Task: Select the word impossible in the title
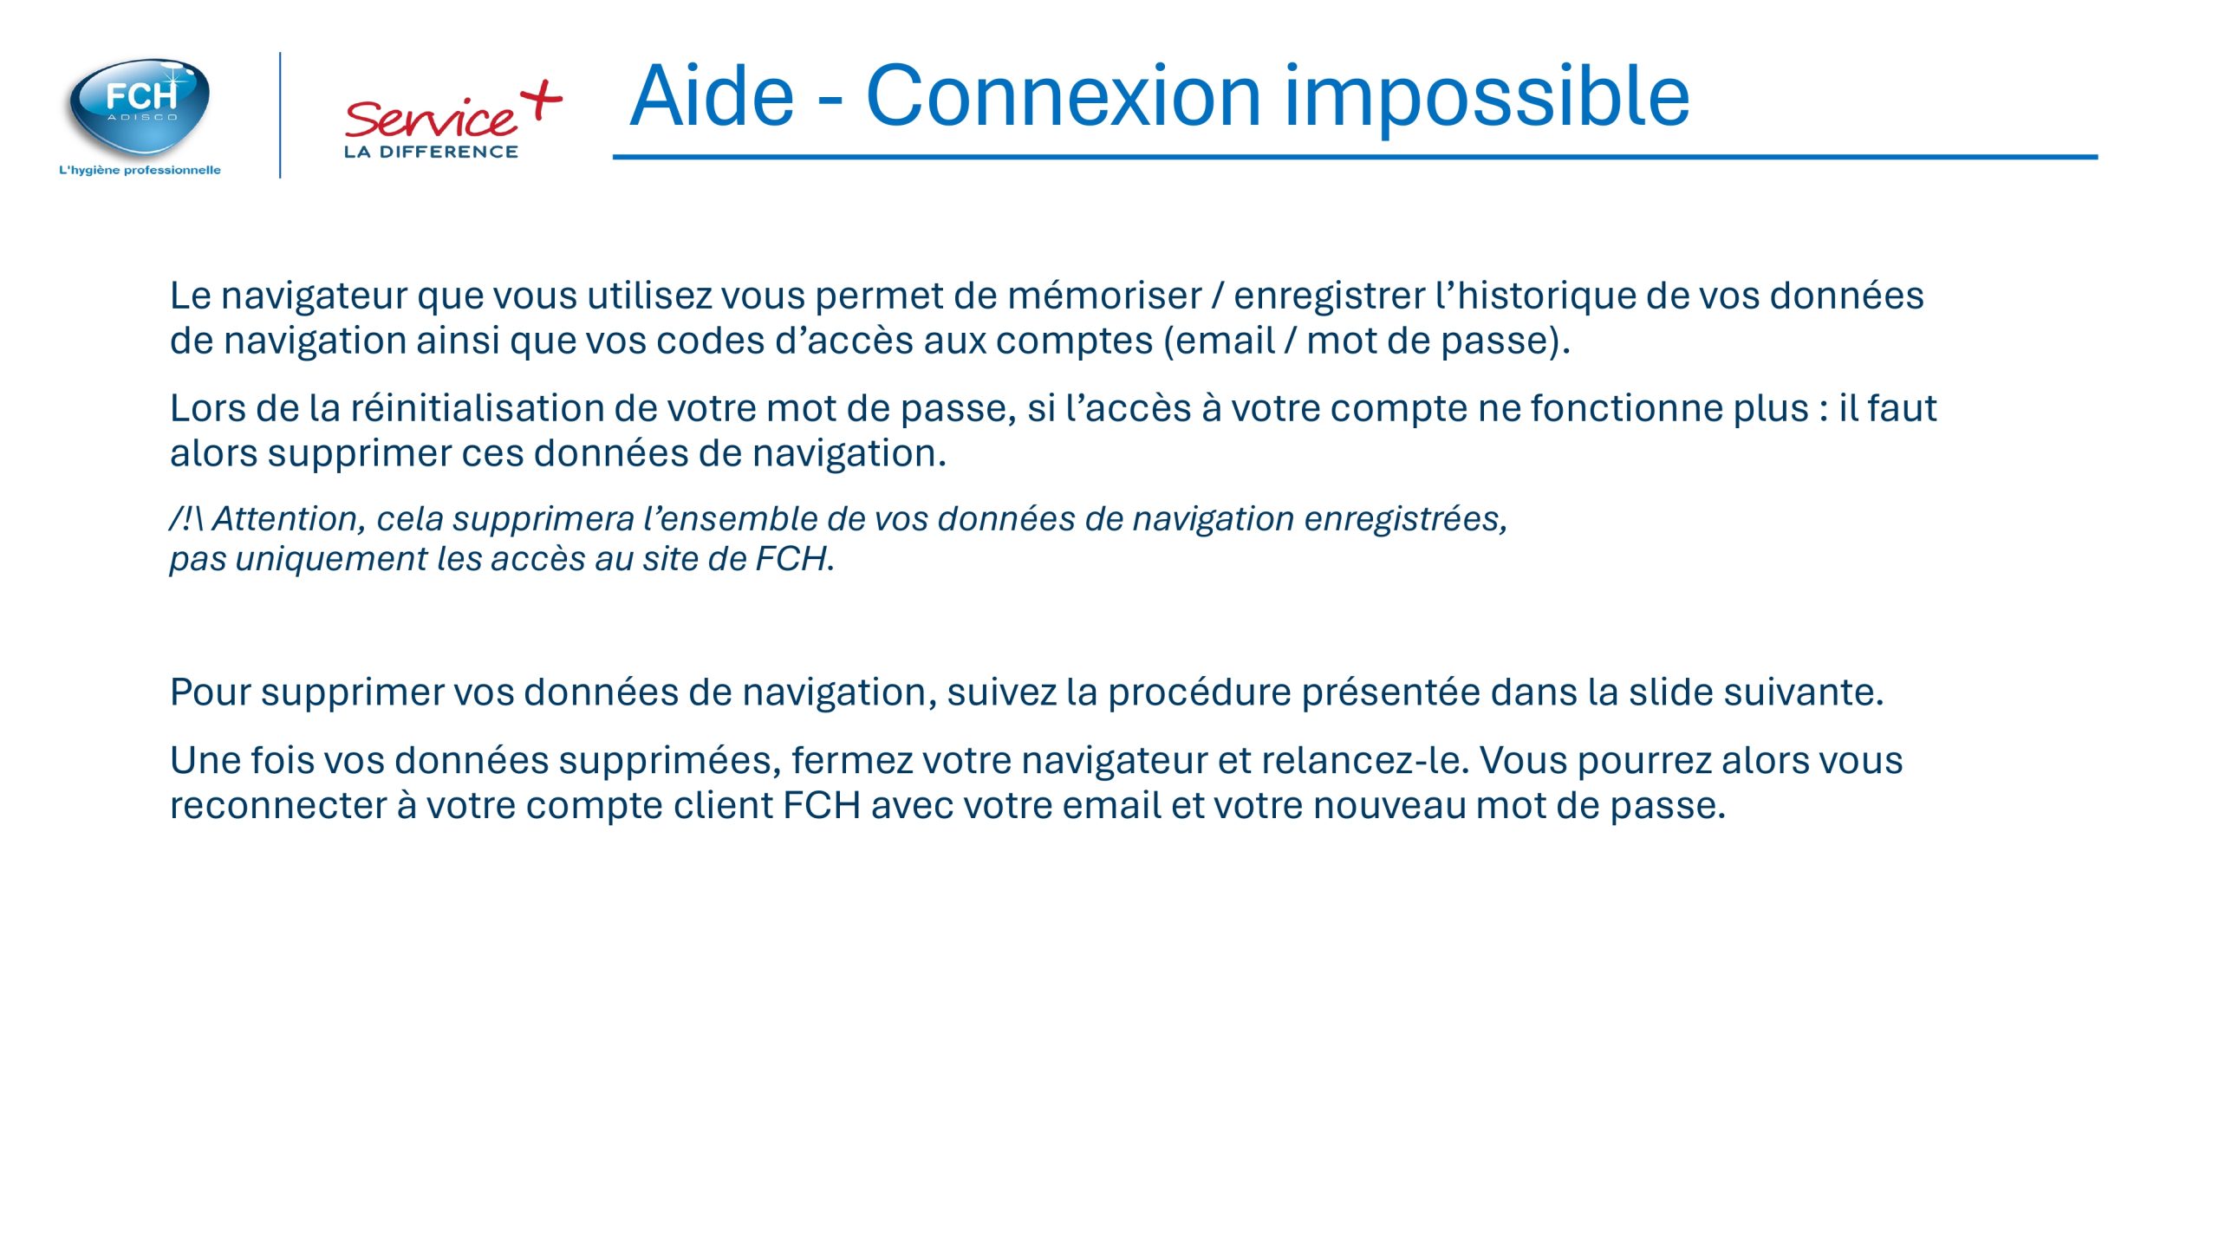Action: click(1487, 100)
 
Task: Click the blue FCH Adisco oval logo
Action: click(140, 106)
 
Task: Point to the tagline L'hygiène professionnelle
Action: click(140, 170)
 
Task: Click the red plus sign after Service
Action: click(542, 101)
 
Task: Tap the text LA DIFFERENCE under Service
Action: click(431, 152)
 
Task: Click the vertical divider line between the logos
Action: click(280, 115)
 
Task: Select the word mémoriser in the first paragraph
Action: click(1104, 296)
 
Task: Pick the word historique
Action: click(1546, 296)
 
